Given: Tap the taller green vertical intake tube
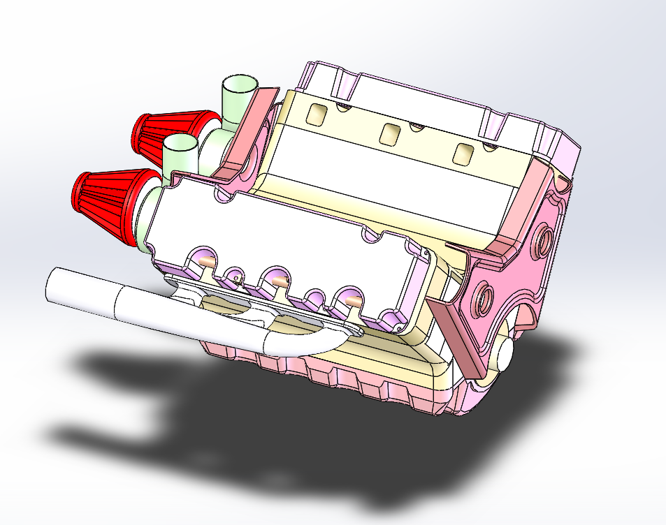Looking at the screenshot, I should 238,98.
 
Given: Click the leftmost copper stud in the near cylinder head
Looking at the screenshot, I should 203,261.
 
